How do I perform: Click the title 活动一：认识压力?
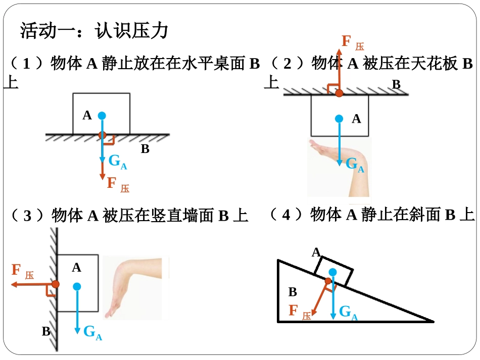94,31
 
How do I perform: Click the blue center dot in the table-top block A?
102,116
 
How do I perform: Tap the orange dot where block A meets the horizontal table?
102,135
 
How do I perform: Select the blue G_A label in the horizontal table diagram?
118,162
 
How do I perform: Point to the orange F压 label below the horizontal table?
118,184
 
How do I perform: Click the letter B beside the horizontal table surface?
145,149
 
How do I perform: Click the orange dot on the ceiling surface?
339,93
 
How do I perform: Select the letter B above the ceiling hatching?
397,84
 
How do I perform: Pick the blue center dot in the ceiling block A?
339,119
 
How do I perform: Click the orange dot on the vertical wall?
56,284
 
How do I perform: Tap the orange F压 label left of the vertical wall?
23,271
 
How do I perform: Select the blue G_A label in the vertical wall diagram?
93,332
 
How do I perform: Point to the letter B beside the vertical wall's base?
46,331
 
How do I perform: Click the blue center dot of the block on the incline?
333,272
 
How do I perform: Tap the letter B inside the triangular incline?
293,292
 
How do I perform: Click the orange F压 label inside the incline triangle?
300,312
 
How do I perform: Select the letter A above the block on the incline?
316,252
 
